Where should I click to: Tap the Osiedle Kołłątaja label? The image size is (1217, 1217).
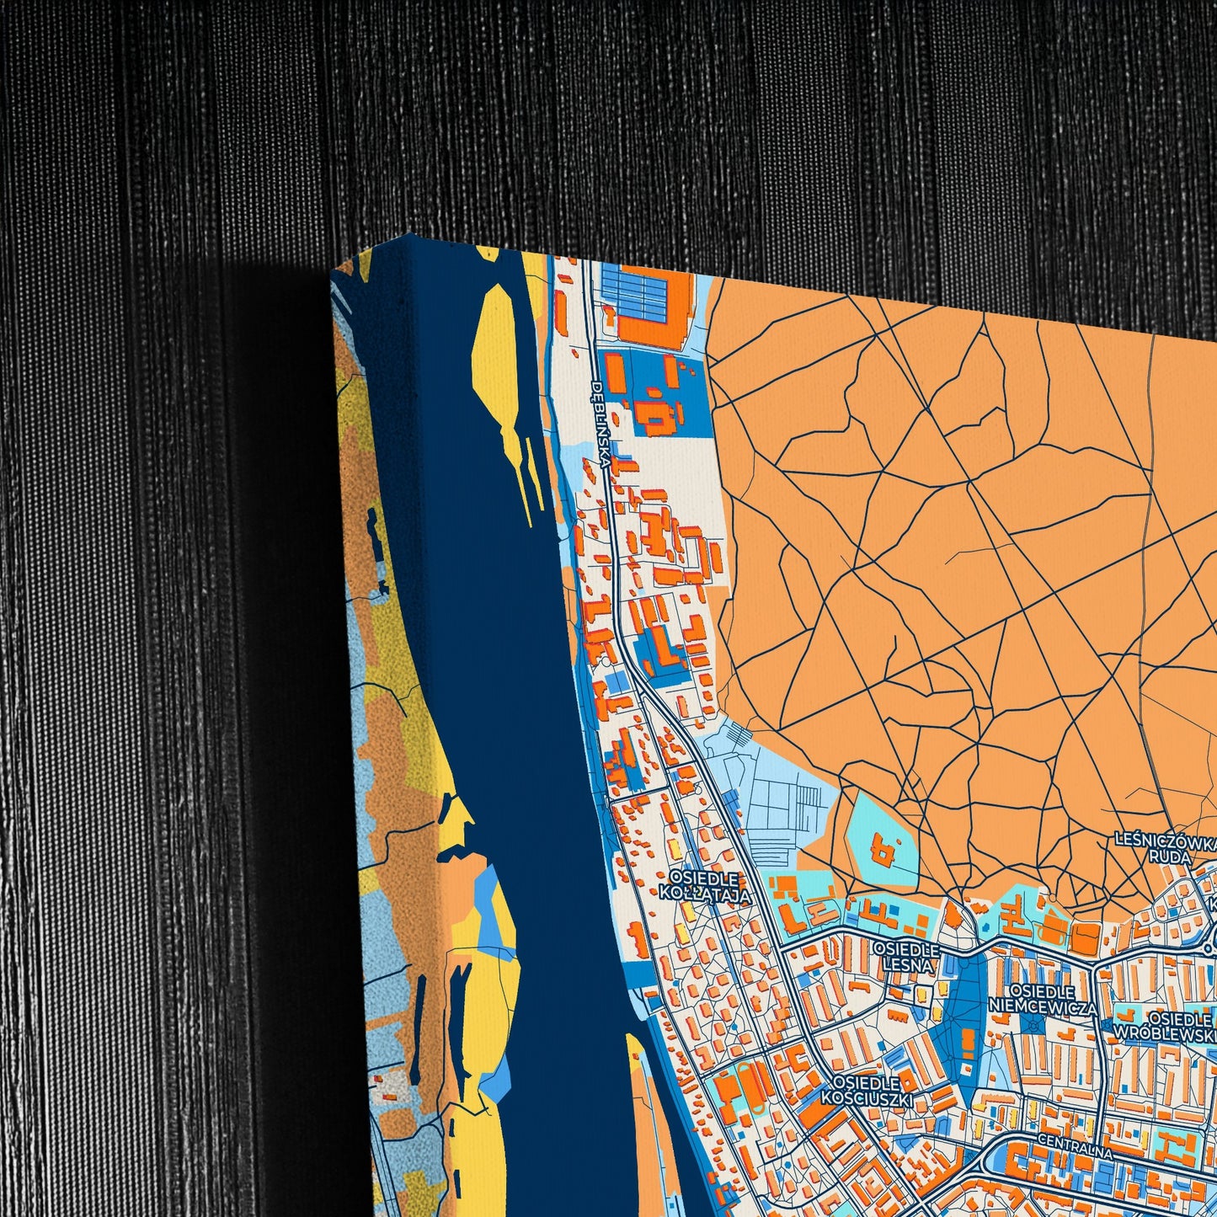pos(709,887)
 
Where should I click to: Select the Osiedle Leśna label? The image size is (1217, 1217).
pos(906,958)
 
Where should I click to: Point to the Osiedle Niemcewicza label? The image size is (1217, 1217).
pos(1044,999)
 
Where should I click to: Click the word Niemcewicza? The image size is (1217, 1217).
pos(1044,1007)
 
